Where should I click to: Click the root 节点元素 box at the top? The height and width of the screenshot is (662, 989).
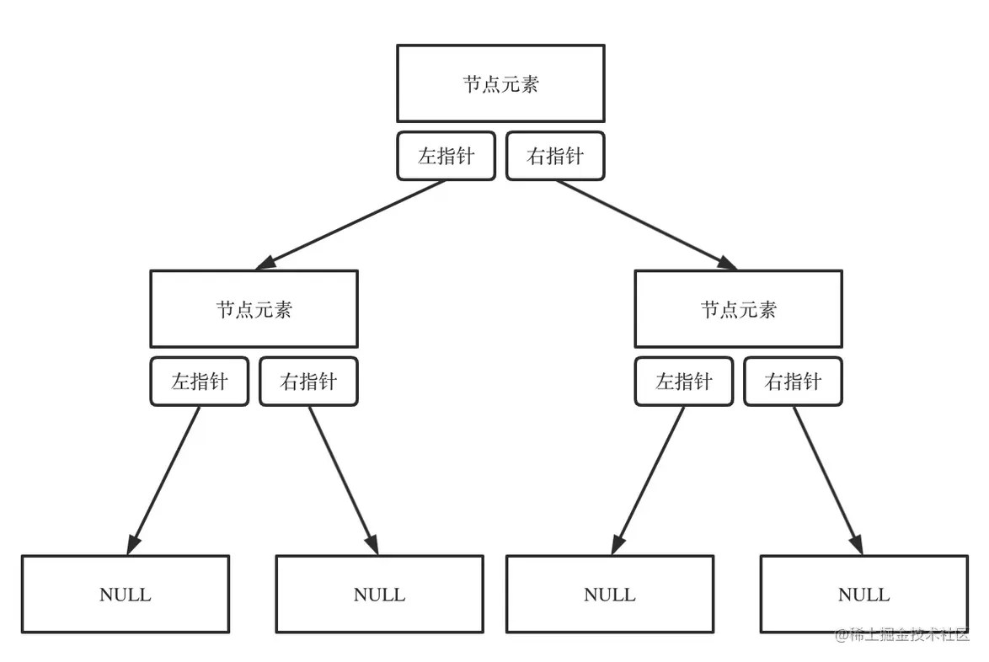tap(500, 83)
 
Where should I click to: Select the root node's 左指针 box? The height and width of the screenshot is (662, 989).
tap(446, 156)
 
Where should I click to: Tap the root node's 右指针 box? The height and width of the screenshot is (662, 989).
tap(555, 156)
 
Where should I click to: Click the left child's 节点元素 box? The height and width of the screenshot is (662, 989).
tap(254, 309)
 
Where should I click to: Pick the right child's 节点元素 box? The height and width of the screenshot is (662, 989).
tap(738, 309)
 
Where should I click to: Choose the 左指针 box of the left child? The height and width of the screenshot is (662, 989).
tap(200, 382)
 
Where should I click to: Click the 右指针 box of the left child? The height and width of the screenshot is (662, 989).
tap(308, 382)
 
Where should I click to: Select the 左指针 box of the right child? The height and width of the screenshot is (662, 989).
tap(684, 382)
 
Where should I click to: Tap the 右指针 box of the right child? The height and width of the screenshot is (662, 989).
tap(793, 382)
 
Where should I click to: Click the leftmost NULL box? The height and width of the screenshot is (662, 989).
tap(126, 594)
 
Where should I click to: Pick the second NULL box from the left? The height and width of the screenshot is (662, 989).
tap(379, 594)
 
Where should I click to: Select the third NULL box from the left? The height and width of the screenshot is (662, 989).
tap(610, 594)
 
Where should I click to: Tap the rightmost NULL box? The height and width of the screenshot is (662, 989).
tap(863, 594)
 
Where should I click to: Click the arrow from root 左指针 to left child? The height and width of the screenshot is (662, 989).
tap(351, 224)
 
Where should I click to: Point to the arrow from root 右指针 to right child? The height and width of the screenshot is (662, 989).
tap(645, 224)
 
